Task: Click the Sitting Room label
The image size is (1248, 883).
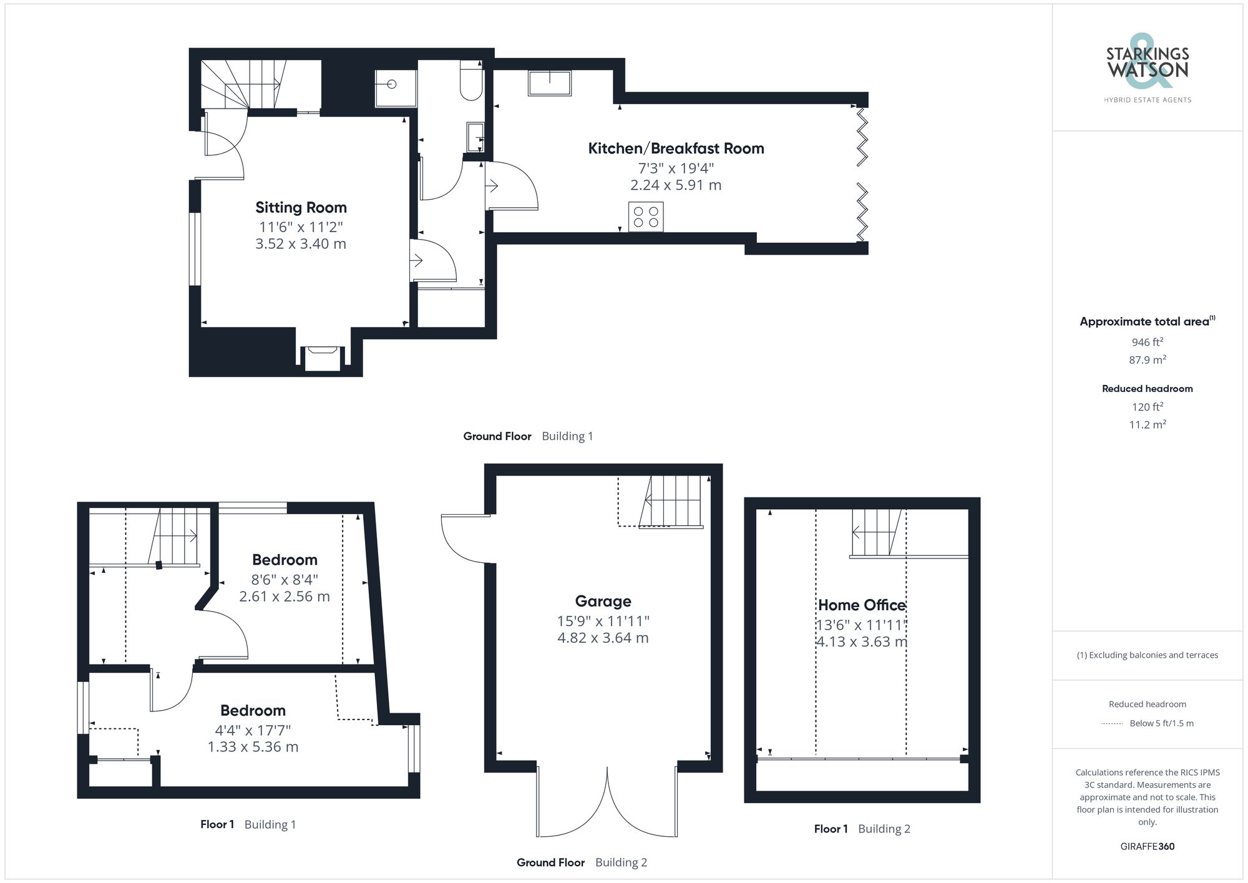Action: pos(301,207)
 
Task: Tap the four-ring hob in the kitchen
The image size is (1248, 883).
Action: pos(646,217)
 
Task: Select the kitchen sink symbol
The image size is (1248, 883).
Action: pos(549,83)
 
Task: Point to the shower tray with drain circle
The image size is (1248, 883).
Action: pos(396,88)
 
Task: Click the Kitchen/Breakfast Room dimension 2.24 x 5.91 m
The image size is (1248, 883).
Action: pos(676,185)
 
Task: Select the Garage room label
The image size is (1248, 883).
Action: pos(603,601)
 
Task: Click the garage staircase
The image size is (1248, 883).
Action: pos(673,502)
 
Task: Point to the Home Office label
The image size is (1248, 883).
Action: pos(862,605)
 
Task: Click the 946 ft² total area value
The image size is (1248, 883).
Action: pos(1147,342)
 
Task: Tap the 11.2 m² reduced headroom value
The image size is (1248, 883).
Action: pos(1147,424)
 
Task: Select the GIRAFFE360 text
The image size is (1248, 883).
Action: pos(1147,847)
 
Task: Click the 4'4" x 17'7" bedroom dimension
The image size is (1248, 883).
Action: pos(253,729)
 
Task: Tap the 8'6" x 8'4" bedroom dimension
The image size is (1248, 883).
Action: pos(285,579)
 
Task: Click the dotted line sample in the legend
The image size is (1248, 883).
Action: pos(1112,724)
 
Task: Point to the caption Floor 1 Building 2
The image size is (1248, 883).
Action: pos(862,829)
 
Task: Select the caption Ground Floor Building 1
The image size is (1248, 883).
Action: pos(528,436)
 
